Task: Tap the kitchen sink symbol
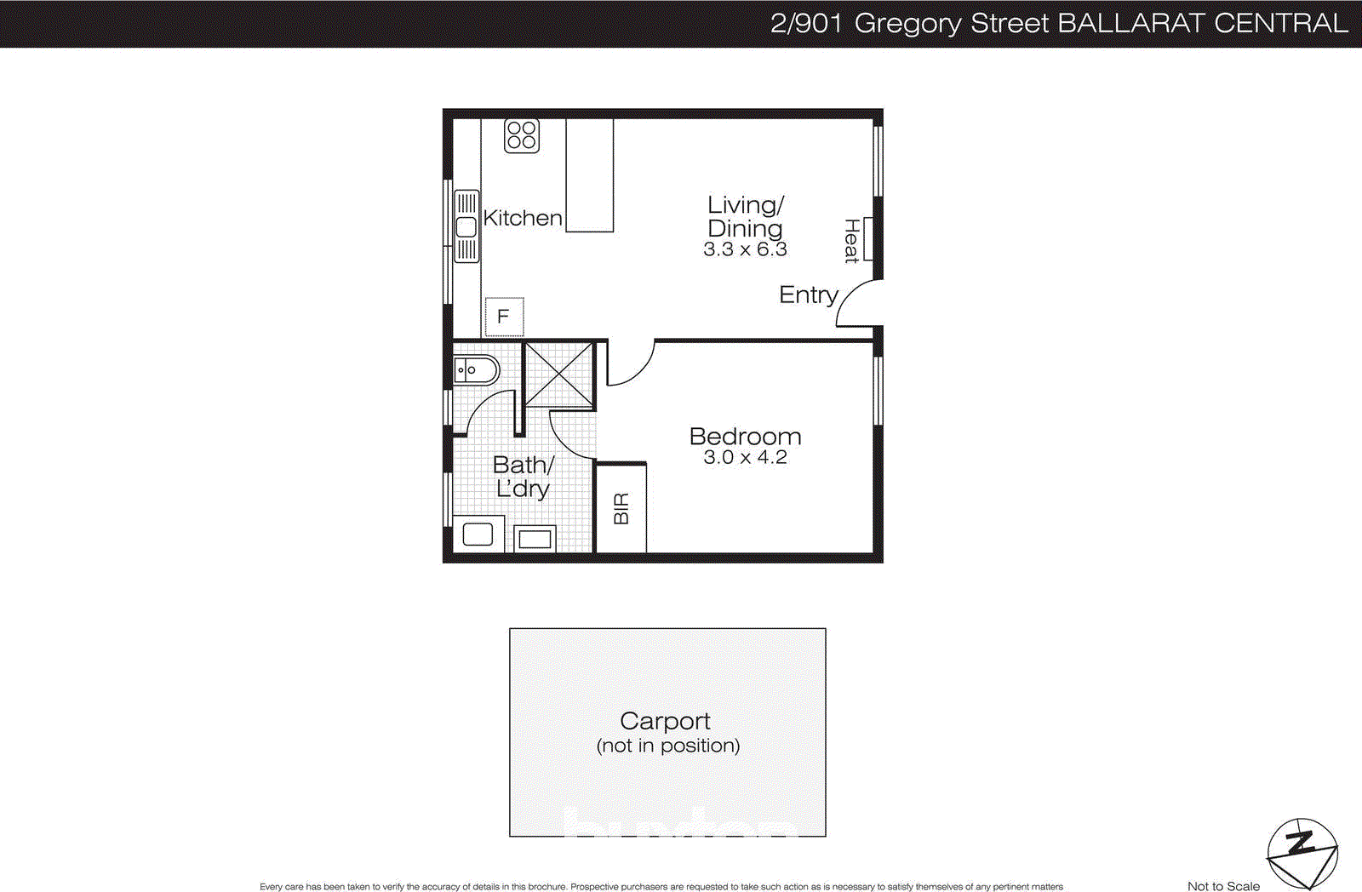tap(466, 226)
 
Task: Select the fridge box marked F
tap(504, 317)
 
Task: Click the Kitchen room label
tap(523, 218)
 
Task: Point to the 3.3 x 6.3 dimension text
tap(745, 249)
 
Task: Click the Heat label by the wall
tap(851, 241)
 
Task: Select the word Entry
tap(808, 294)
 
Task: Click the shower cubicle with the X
tap(558, 375)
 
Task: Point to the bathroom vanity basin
tap(474, 370)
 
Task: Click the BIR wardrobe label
tap(621, 508)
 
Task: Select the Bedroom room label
tap(745, 436)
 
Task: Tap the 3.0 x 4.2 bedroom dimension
tap(745, 458)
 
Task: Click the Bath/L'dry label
tap(523, 477)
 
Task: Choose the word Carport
tap(665, 721)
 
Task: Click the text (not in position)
tap(668, 746)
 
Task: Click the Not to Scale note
tap(1223, 886)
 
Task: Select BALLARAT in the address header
tap(1131, 23)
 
